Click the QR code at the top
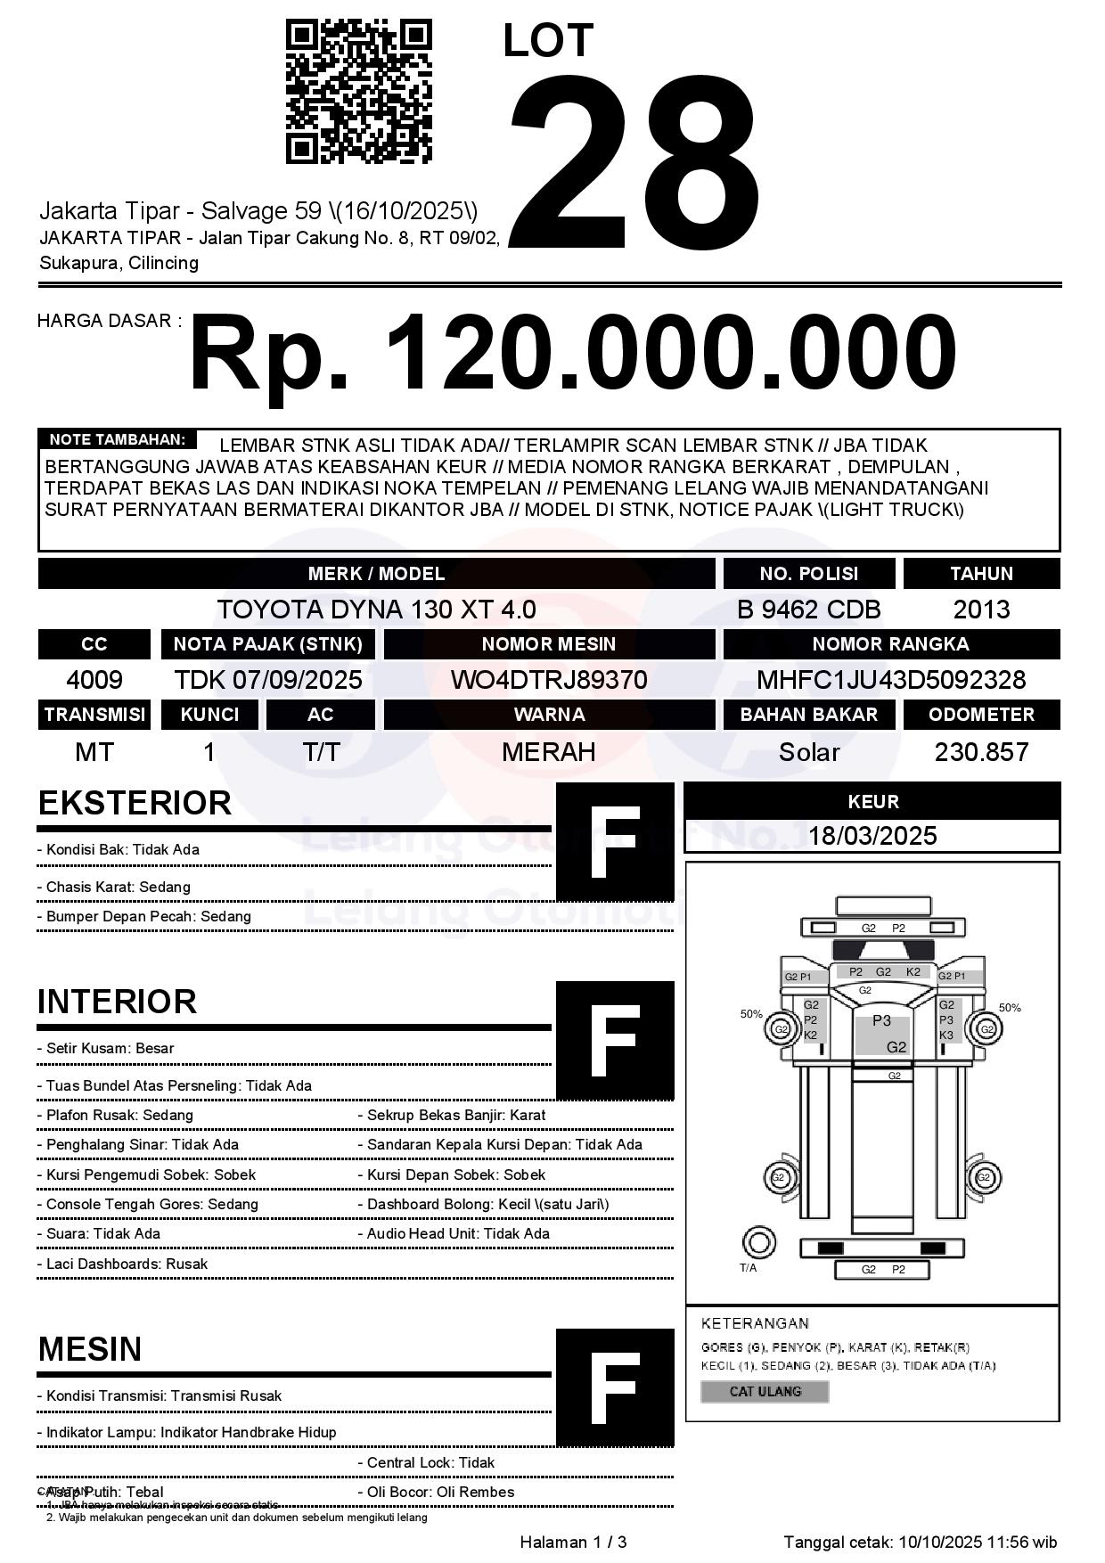click(358, 92)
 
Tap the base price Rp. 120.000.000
click(572, 354)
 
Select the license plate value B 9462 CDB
click(808, 610)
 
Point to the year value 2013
click(981, 610)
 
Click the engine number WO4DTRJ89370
click(549, 680)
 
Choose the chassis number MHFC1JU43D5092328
click(891, 680)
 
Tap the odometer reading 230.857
click(981, 752)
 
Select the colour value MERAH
click(549, 752)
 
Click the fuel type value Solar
click(808, 752)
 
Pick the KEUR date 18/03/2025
click(872, 836)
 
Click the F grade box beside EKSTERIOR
click(615, 842)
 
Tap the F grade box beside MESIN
click(615, 1387)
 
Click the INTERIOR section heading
click(117, 1002)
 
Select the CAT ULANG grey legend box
click(765, 1391)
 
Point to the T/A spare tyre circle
click(758, 1242)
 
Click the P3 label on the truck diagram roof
click(881, 1020)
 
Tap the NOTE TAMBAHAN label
click(117, 439)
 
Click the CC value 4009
click(94, 680)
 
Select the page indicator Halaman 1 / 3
click(573, 1542)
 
